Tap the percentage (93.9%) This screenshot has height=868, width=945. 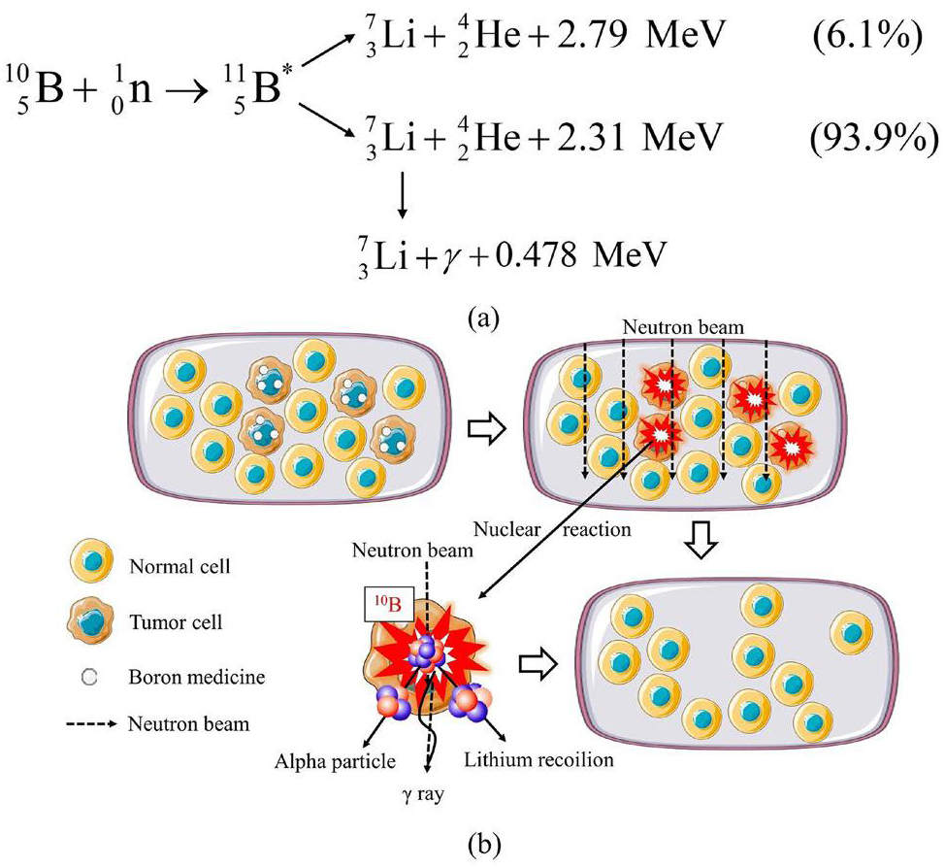pyautogui.click(x=872, y=138)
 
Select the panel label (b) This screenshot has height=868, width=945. pyautogui.click(x=484, y=845)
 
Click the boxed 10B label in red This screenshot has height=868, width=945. pyautogui.click(x=389, y=603)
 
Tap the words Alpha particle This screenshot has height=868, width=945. pyautogui.click(x=335, y=761)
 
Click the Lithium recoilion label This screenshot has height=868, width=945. pyautogui.click(x=538, y=759)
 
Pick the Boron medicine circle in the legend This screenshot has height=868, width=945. pyautogui.click(x=89, y=677)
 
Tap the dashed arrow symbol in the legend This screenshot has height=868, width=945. pyautogui.click(x=91, y=724)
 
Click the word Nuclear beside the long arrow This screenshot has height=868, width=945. pyautogui.click(x=506, y=529)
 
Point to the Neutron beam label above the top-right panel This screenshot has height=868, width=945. pyautogui.click(x=683, y=327)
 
